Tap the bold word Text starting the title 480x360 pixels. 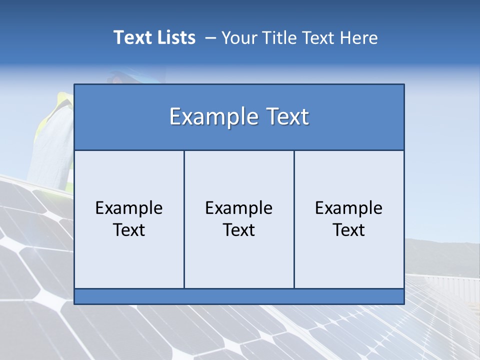[x=131, y=37]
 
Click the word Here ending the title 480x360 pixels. [x=359, y=37]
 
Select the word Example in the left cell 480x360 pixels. [x=129, y=208]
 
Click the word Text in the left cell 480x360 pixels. [x=129, y=230]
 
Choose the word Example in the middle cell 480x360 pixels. [x=239, y=208]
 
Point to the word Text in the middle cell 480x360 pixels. [x=239, y=230]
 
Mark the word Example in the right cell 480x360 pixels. [x=349, y=208]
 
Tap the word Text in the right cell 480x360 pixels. [x=349, y=230]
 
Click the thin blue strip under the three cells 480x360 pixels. [x=239, y=296]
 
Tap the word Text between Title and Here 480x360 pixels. [x=317, y=37]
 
